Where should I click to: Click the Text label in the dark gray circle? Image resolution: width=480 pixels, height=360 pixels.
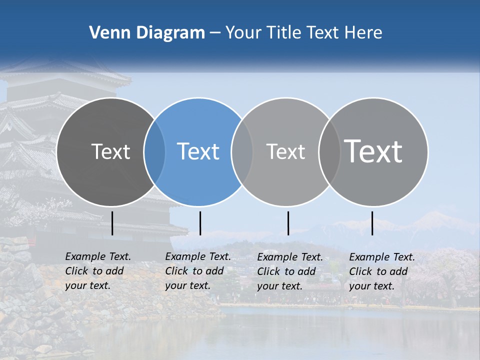click(x=110, y=151)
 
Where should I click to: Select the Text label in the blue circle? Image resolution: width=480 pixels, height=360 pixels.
click(x=198, y=151)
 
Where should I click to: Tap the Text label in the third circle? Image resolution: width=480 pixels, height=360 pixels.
click(x=285, y=151)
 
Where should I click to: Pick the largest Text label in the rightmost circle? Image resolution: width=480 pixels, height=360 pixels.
click(x=373, y=151)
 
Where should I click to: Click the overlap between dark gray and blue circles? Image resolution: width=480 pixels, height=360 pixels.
click(x=154, y=151)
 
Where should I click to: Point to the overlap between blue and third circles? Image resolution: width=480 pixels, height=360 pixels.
click(x=242, y=151)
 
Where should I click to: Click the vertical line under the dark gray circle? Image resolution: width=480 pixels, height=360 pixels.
click(x=112, y=223)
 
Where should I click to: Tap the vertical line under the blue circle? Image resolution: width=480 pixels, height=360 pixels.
click(x=200, y=223)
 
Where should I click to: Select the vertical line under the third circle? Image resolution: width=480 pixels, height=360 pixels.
click(x=288, y=223)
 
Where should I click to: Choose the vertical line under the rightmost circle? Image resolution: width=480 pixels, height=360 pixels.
click(x=372, y=223)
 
